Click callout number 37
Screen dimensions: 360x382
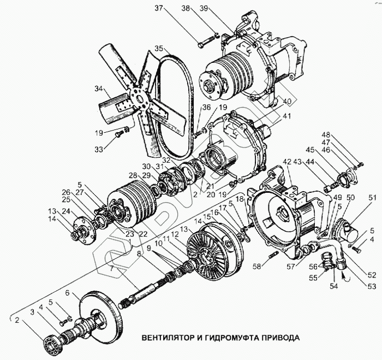point(159,8)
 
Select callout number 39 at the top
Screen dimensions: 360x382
point(204,8)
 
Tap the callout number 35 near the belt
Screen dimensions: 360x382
point(159,49)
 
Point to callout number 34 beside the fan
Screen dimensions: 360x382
point(99,88)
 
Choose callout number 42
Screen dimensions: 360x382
point(288,162)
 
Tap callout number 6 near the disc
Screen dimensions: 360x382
point(67,293)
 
